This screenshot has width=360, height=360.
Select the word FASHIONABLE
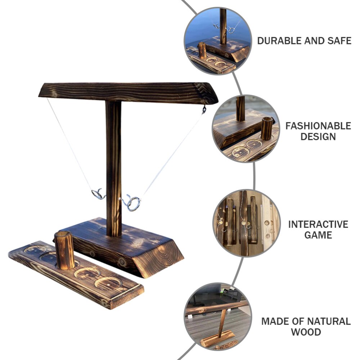coord(318,126)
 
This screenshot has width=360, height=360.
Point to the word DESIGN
coord(318,136)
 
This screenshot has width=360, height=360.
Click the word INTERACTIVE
coord(318,224)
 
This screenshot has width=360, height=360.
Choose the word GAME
coord(318,235)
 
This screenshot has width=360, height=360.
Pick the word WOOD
coord(306,332)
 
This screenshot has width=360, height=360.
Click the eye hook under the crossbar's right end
coord(204,109)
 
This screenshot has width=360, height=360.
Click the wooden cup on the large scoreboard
coord(64,250)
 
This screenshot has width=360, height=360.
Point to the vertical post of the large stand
coord(114,169)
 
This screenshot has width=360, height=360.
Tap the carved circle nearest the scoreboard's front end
coord(108,283)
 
